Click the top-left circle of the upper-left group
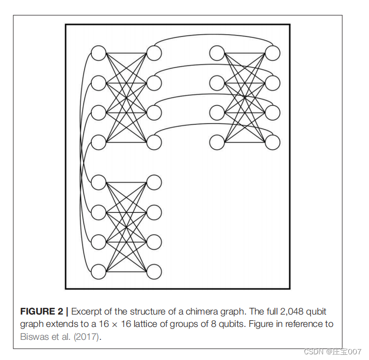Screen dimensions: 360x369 point(98,53)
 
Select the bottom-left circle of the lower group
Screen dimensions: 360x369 point(98,271)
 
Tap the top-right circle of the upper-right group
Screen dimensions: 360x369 point(272,53)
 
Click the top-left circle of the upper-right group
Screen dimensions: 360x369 point(217,53)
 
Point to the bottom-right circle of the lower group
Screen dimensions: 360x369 point(154,271)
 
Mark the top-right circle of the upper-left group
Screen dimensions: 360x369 point(154,53)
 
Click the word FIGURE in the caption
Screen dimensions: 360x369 point(41,311)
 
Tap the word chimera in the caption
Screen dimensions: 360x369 point(208,311)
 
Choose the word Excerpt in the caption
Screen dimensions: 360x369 point(88,311)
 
